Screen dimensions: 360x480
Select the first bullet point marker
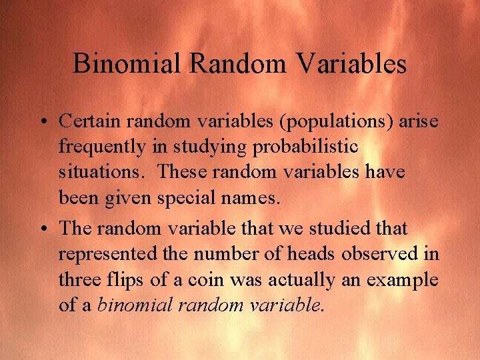pyautogui.click(x=42, y=122)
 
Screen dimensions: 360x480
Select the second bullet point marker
pyautogui.click(x=42, y=229)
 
